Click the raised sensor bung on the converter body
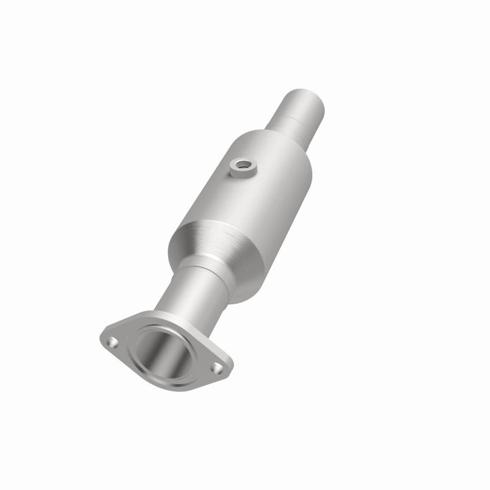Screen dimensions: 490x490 [x=239, y=168]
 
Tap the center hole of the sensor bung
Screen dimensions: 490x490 [x=240, y=164]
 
